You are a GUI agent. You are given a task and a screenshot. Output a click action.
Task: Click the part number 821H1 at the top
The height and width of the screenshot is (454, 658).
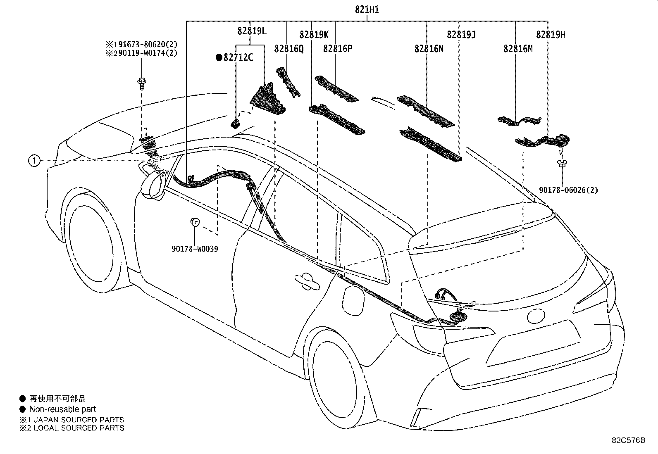coord(367,10)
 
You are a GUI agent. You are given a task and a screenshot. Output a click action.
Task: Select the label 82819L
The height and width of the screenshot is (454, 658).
coord(252,31)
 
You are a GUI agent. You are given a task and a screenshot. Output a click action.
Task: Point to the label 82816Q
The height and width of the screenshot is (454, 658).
coord(289,48)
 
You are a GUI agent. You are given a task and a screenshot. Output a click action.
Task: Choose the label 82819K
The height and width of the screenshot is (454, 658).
coord(314,35)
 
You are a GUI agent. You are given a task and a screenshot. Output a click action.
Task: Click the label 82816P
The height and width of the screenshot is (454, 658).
coord(338,48)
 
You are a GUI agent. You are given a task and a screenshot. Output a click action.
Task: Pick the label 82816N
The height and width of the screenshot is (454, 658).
coord(429,48)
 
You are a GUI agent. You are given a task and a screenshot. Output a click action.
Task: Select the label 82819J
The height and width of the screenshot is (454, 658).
coord(461,35)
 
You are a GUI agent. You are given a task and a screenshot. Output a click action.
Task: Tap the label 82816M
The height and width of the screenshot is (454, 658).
coord(518,48)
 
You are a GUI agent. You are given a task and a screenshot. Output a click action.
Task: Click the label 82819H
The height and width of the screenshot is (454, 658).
coord(551,35)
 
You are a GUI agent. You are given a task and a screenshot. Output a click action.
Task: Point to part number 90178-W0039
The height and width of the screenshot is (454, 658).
coord(195,249)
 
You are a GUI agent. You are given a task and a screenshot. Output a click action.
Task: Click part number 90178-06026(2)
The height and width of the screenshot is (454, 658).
coord(568,190)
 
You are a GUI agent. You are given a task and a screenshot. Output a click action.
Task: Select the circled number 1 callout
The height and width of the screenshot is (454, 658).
coord(34,161)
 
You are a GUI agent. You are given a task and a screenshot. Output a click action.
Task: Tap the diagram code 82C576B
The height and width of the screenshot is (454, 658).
coord(629,440)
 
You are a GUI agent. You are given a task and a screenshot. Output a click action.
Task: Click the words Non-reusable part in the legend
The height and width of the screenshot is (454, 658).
coord(62,409)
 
